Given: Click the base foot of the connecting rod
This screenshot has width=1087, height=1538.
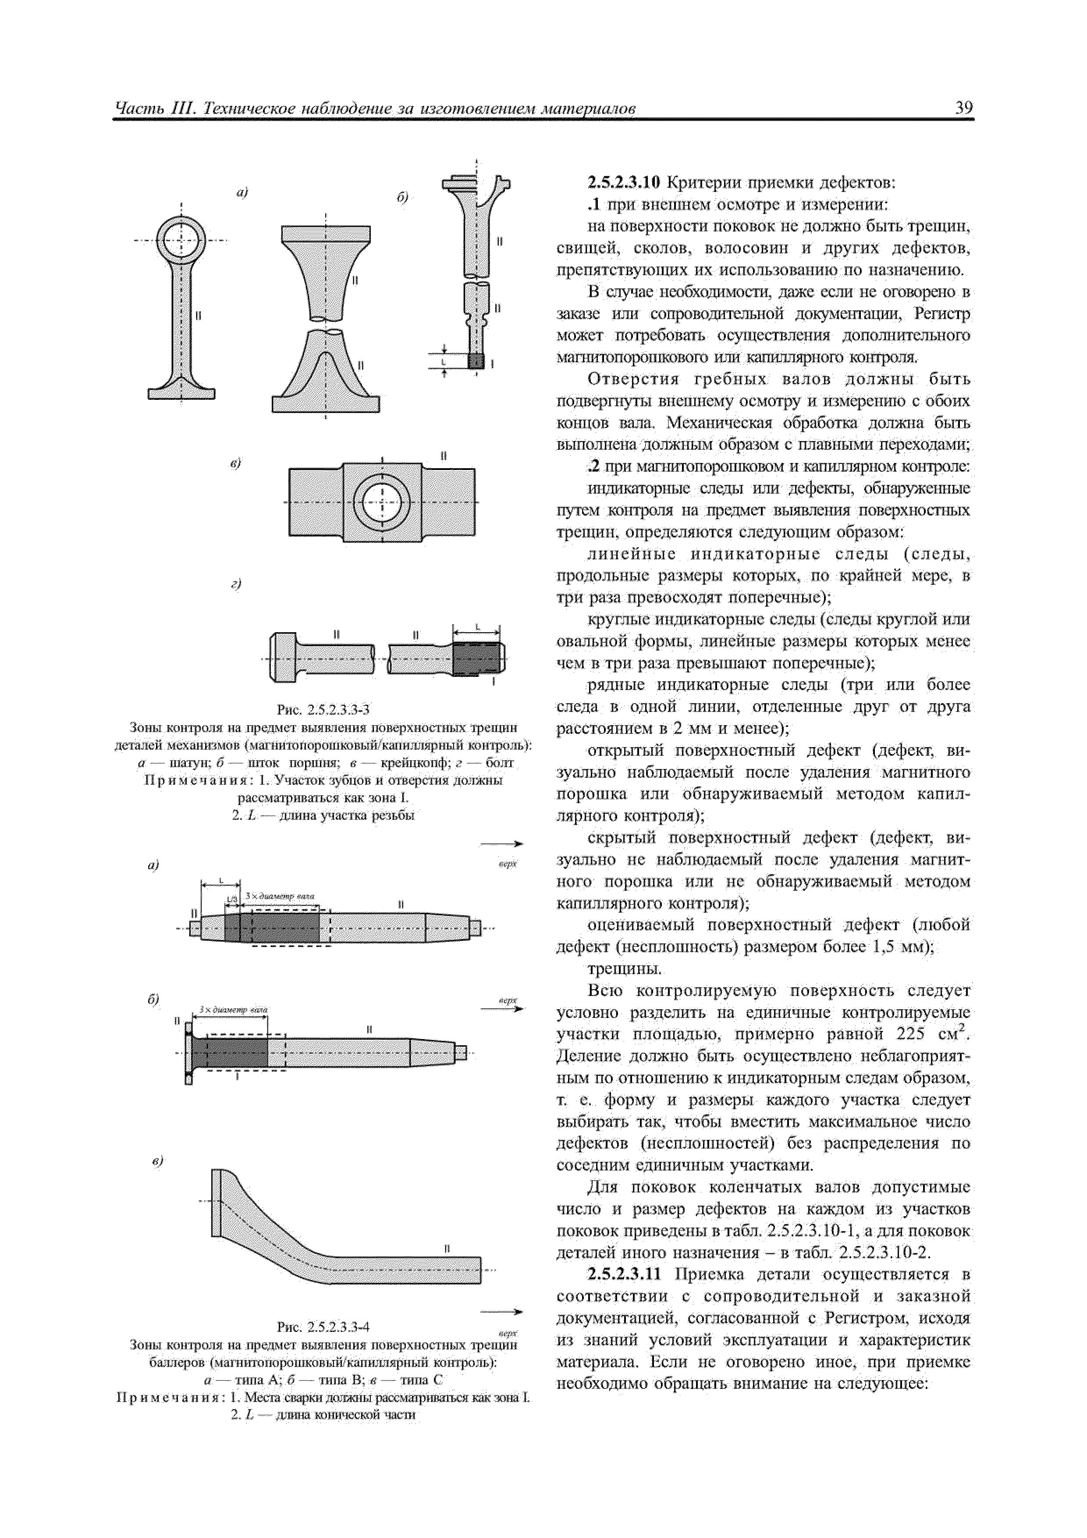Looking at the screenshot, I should click(x=181, y=389).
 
